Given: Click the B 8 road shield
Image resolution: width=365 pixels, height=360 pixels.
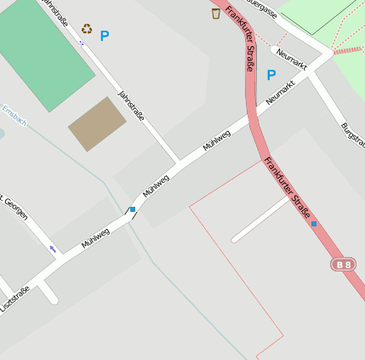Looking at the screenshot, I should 343,266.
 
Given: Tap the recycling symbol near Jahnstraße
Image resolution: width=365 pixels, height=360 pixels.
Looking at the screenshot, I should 87,29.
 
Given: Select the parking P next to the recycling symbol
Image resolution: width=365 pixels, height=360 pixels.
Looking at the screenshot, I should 105,37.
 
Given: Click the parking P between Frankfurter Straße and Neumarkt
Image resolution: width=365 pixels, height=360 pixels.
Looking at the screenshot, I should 271,75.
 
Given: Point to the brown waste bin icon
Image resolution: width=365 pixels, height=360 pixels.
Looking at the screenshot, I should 216,13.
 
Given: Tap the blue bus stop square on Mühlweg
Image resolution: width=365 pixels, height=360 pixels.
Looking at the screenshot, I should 132,209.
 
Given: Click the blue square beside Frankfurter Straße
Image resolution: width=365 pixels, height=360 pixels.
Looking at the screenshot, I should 314,224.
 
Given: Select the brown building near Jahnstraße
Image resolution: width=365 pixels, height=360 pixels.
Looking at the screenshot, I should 96,123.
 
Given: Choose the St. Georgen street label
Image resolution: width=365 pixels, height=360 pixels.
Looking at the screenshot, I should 14,206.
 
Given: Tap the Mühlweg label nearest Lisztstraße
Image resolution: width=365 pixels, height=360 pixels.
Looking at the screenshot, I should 95,237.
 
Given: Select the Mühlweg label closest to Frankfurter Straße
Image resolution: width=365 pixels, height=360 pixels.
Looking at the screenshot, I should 217,141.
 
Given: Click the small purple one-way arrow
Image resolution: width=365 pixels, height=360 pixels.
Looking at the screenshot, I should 54,249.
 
